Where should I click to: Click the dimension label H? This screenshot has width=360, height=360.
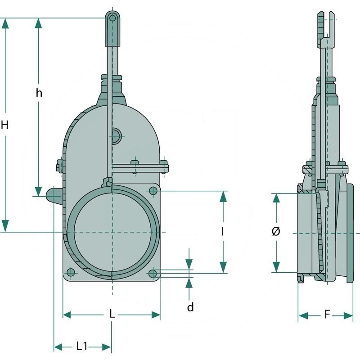(x=4, y=125)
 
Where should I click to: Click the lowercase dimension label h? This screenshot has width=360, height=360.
(x=39, y=93)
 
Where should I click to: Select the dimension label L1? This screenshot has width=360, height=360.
(x=82, y=346)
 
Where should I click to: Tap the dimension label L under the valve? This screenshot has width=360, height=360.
(x=112, y=314)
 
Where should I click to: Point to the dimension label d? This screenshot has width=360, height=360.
(x=190, y=307)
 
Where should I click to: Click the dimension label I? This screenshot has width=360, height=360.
(x=222, y=231)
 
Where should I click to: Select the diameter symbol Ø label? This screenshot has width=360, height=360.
(x=276, y=232)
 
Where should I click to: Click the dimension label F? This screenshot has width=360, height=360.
(x=328, y=315)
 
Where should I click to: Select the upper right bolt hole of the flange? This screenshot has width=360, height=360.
(x=153, y=191)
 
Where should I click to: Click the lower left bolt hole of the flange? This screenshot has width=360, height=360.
(x=70, y=272)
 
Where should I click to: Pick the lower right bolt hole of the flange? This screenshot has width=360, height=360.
(x=153, y=273)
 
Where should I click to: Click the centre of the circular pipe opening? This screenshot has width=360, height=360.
(x=112, y=232)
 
